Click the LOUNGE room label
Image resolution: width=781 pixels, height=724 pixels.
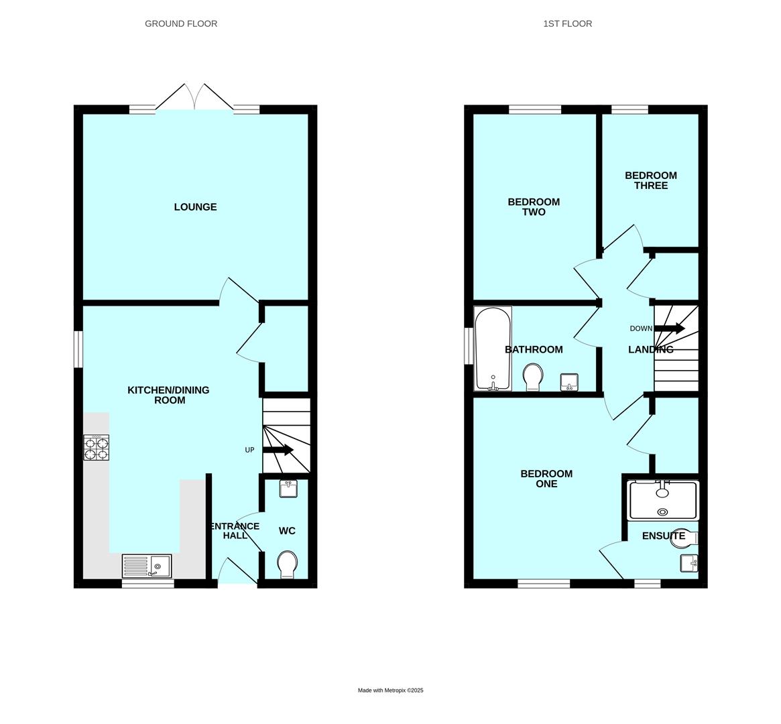[x=195, y=207]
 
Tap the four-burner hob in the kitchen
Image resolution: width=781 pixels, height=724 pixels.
[x=96, y=448]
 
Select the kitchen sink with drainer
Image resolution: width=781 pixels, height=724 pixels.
[x=147, y=566]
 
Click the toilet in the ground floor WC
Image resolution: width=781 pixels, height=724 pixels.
[x=288, y=564]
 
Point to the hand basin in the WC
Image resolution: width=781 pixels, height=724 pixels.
[x=288, y=489]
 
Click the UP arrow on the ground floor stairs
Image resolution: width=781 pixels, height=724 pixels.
[x=278, y=450]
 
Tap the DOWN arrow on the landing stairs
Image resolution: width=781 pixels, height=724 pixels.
[x=670, y=328]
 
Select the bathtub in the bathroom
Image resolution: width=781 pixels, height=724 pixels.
[x=493, y=349]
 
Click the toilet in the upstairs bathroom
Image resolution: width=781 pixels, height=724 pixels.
[x=533, y=377]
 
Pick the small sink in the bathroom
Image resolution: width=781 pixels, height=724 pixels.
[x=569, y=382]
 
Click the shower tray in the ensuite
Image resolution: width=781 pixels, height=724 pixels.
[x=663, y=500]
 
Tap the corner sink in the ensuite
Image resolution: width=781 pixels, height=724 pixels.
[x=689, y=563]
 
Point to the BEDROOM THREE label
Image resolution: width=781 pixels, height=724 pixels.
[x=651, y=180]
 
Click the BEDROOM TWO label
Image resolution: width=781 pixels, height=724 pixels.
[x=534, y=206]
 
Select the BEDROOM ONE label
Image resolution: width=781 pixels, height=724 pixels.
[x=546, y=479]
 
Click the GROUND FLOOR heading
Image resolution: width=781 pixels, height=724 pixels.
[x=181, y=23]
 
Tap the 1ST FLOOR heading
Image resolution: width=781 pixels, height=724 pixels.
[x=567, y=23]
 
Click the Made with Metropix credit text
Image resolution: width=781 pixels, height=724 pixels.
[x=390, y=690]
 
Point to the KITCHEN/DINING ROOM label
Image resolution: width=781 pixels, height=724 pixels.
[x=168, y=395]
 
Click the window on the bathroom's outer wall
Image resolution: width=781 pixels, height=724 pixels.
[x=469, y=345]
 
